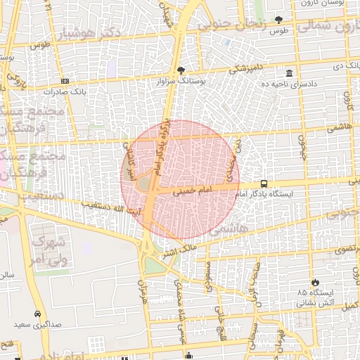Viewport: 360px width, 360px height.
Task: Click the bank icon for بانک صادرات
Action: (x=65, y=82)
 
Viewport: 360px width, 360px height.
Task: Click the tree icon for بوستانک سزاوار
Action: (x=181, y=70)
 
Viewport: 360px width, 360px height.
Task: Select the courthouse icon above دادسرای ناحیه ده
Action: (x=289, y=74)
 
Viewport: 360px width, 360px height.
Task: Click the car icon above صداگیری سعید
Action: (x=37, y=314)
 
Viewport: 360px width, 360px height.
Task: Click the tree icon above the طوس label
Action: (x=278, y=20)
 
